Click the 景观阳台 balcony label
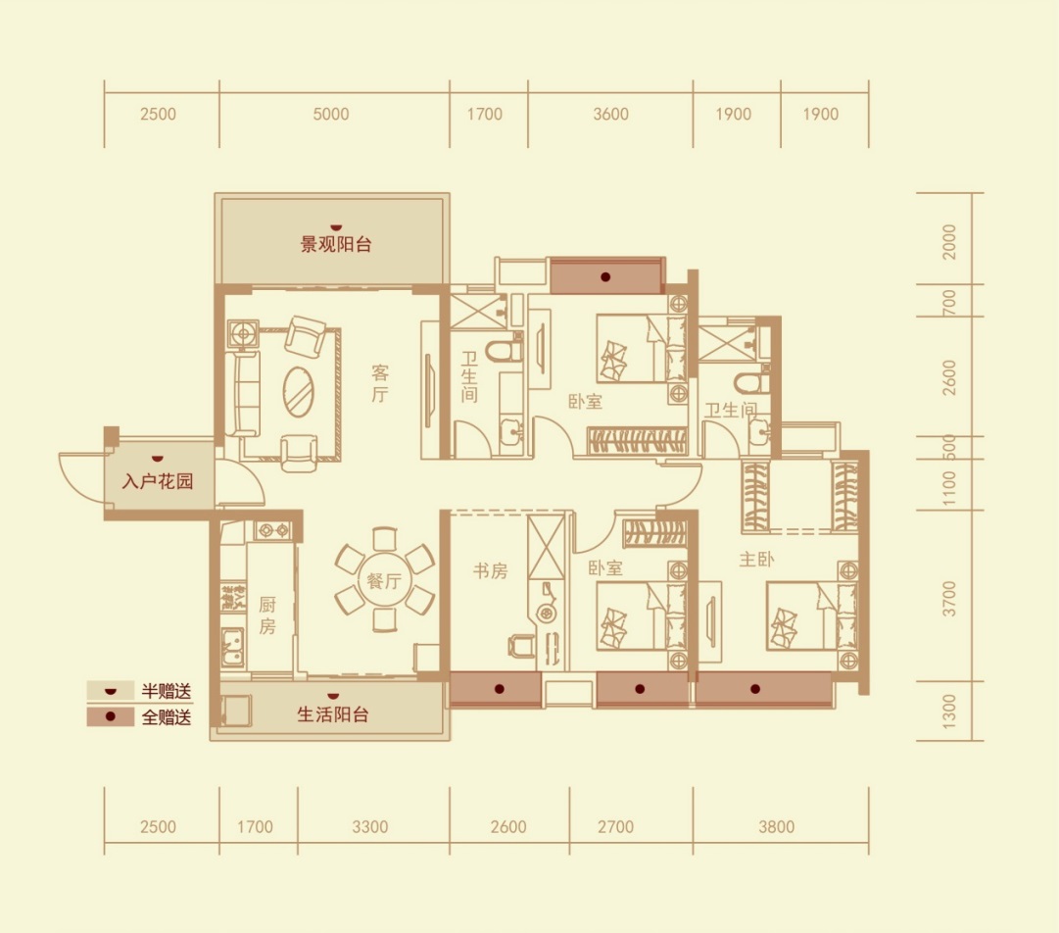[336, 244]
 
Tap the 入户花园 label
[158, 481]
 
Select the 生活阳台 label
[333, 714]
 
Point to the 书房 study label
[491, 571]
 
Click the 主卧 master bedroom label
[756, 559]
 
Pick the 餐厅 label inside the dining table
[384, 580]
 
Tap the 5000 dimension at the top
[331, 115]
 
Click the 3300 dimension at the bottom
[370, 827]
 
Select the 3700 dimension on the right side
[949, 599]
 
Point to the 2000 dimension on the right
[949, 241]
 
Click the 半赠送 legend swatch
[110, 691]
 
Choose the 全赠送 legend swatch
[110, 716]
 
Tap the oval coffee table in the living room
[298, 392]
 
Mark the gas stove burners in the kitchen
[273, 530]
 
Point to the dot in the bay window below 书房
[500, 689]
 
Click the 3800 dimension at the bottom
[777, 827]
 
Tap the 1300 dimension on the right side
[949, 712]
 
